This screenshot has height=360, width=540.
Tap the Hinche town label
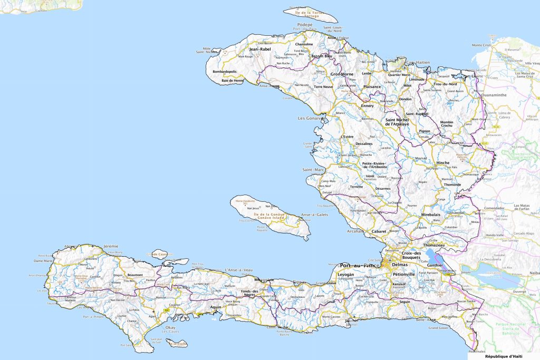coord(443,163)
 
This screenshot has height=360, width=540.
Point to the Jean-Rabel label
coord(259,49)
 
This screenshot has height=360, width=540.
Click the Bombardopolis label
coord(225,71)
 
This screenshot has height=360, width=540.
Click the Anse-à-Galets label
coord(313,215)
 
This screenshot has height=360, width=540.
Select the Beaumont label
coord(135,274)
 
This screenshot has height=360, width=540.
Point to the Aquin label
coord(215,307)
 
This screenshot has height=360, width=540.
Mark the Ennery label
coord(367,105)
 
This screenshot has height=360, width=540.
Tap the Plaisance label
coord(372,86)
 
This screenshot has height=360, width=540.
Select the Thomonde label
coord(452,184)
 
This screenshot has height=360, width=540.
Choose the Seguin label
coord(404,301)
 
